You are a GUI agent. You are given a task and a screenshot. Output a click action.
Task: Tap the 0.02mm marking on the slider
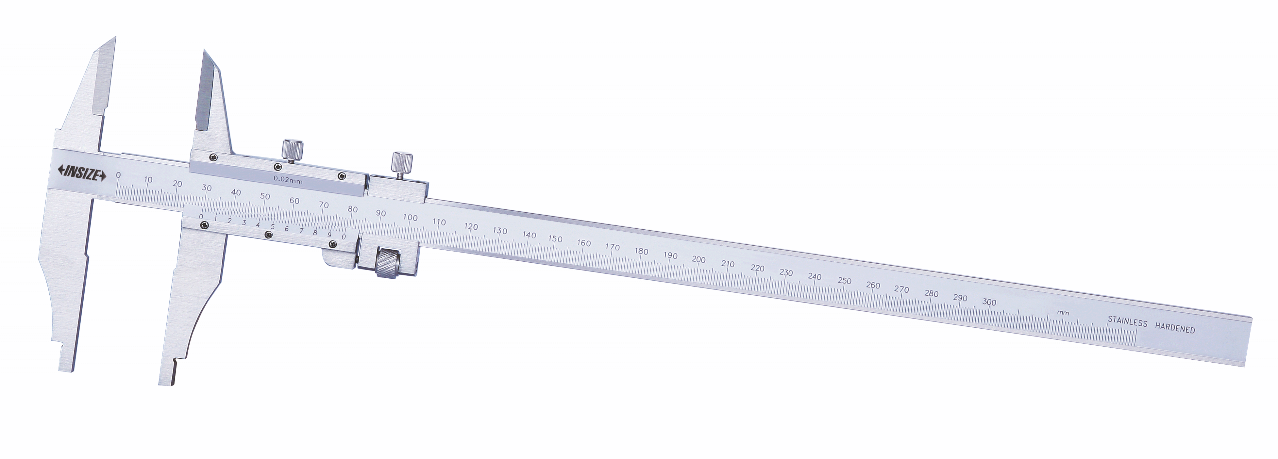tap(288, 180)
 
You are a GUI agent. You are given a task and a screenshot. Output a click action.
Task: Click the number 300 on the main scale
tap(989, 302)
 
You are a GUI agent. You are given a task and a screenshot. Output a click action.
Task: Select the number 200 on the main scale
tap(698, 259)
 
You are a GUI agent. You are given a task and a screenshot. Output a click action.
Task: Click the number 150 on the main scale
tap(556, 239)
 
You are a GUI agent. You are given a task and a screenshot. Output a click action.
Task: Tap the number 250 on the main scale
tap(844, 281)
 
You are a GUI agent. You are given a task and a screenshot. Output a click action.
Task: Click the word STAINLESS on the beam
tap(1128, 322)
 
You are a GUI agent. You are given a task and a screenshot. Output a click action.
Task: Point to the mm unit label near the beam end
tap(1063, 313)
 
